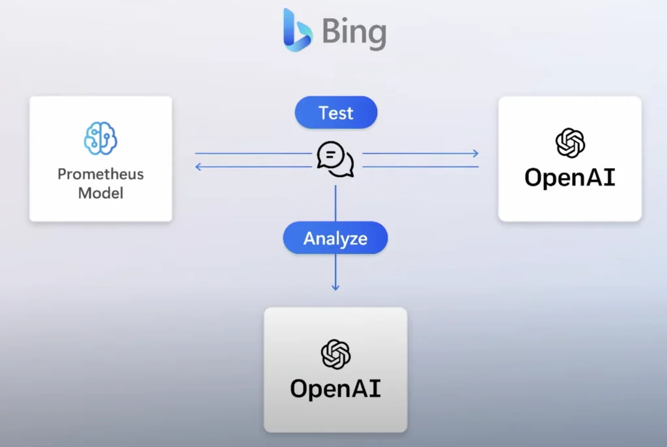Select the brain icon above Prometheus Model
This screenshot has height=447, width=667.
(x=100, y=137)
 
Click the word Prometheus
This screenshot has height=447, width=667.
(x=100, y=175)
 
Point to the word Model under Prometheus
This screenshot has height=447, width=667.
(x=100, y=193)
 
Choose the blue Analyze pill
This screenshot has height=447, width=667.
(x=335, y=238)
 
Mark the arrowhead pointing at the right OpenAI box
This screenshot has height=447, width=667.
(x=475, y=154)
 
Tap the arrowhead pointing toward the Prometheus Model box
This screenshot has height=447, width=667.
(x=198, y=167)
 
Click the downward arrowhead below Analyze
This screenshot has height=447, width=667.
(x=335, y=287)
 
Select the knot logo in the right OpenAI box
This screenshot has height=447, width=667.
(x=570, y=143)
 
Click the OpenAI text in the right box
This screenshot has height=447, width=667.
(x=570, y=177)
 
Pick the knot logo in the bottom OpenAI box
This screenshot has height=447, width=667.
(x=335, y=354)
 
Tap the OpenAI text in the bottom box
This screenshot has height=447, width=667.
(x=335, y=388)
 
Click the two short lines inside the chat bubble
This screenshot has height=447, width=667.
(x=331, y=156)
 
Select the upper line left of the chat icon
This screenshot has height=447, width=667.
(x=254, y=154)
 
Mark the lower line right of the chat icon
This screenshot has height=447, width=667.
(x=420, y=167)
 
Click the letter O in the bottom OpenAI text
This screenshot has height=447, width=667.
(x=300, y=388)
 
